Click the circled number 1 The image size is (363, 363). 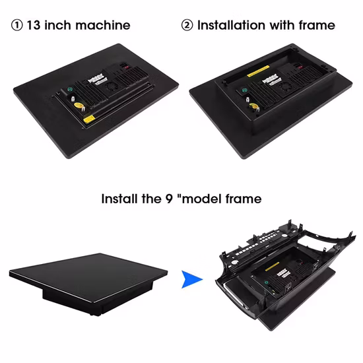[17, 25]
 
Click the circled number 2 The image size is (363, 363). [187, 25]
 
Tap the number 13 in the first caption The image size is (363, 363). [34, 25]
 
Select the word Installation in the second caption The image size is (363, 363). [231, 25]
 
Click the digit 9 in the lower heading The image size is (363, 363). [169, 199]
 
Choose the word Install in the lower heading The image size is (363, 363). [119, 199]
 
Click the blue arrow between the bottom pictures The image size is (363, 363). [192, 279]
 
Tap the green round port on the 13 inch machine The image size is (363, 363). [69, 89]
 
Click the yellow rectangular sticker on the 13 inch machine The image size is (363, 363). [89, 119]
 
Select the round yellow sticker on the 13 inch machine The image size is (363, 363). [78, 106]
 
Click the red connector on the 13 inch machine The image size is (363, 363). [127, 67]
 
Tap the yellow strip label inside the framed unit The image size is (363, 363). [258, 71]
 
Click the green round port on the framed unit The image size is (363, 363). [244, 90]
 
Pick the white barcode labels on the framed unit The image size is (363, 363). [271, 79]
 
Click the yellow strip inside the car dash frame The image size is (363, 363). [272, 267]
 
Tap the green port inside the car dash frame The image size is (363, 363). [266, 282]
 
